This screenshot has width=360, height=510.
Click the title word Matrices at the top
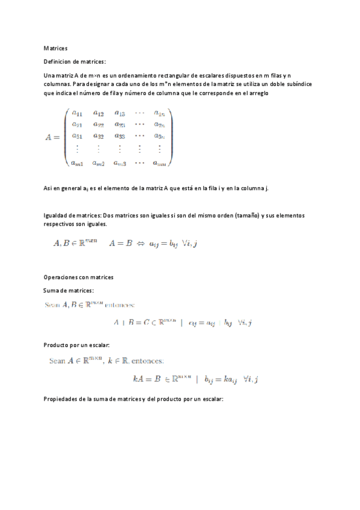tap(56, 48)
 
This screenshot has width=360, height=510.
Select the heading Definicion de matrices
tap(75, 61)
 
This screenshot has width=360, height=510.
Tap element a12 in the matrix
tap(99, 113)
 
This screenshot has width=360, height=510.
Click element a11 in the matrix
tap(77, 113)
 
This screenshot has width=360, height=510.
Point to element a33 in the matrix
tap(120, 137)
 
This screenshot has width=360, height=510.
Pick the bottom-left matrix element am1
tap(77, 162)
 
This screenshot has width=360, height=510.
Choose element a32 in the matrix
tap(99, 137)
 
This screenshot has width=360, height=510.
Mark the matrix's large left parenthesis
tap(66, 137)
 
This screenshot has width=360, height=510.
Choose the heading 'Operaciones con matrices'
tap(79, 277)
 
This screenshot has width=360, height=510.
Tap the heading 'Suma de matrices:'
tap(69, 290)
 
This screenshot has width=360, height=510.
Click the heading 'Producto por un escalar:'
tap(76, 346)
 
